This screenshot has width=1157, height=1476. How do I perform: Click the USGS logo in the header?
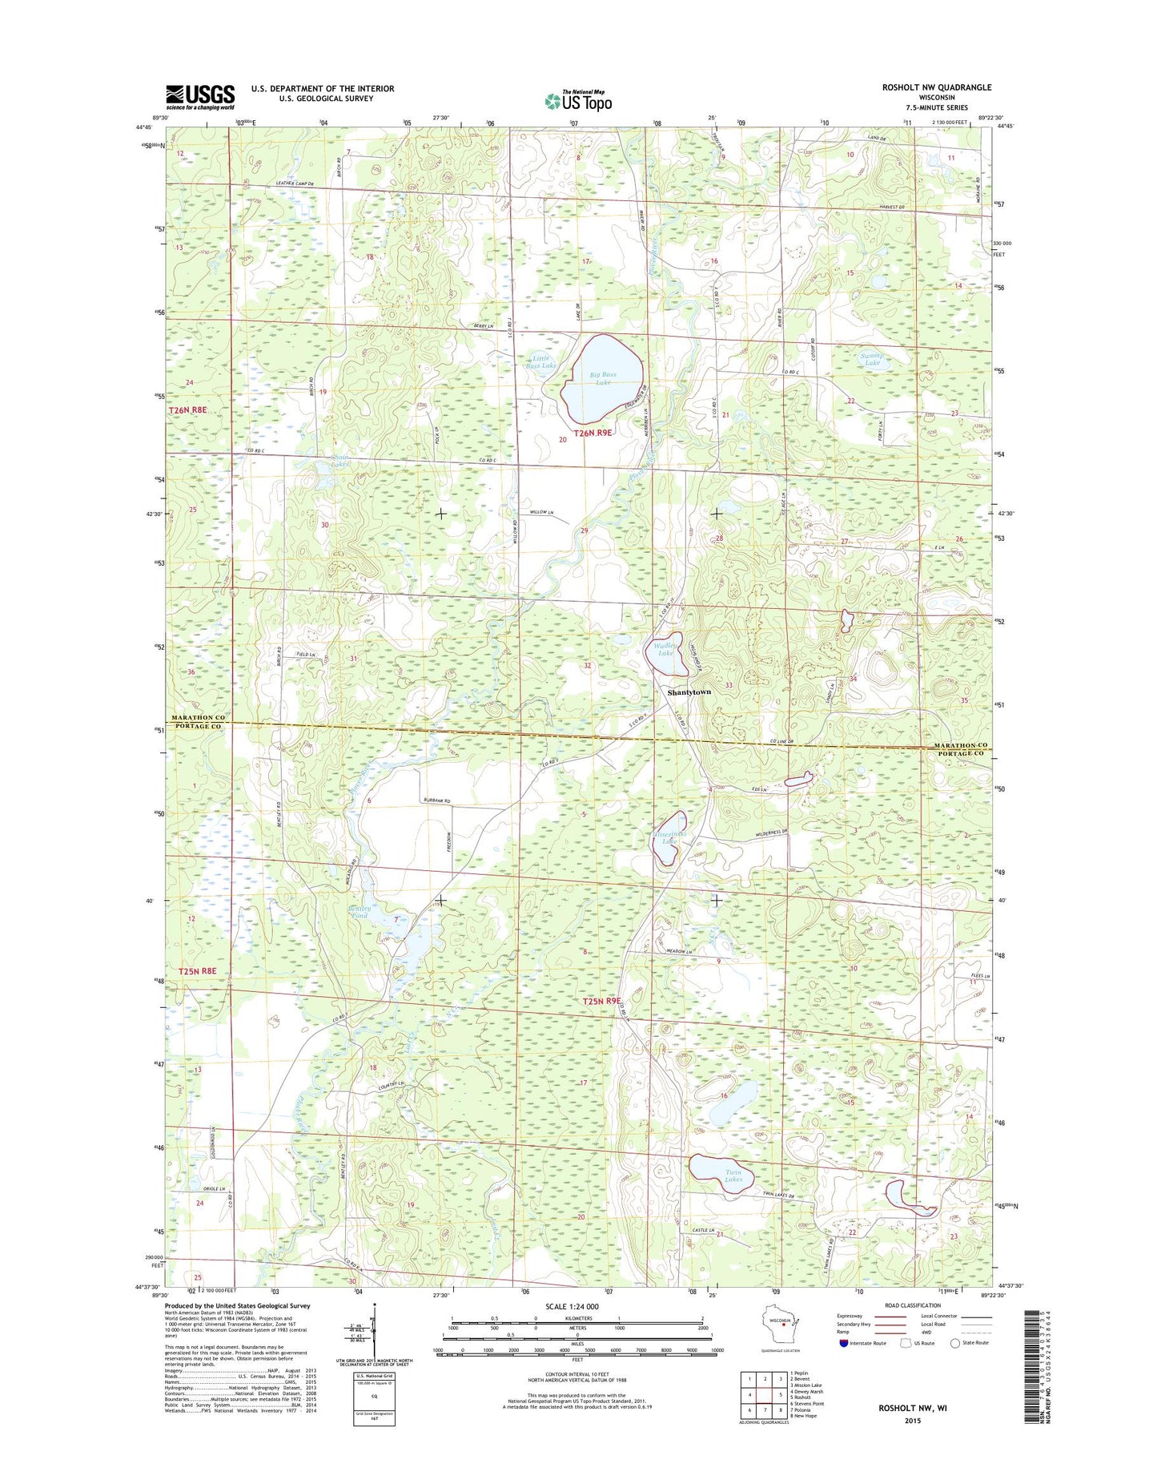[200, 96]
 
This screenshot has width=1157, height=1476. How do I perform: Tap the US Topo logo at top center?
[578, 100]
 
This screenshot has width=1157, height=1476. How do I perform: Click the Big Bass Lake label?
[603, 378]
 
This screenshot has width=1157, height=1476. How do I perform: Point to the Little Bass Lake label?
[541, 362]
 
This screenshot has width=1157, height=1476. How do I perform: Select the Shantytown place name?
[689, 692]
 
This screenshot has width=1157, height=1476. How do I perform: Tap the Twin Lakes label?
[733, 1176]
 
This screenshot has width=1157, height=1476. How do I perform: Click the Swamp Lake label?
[872, 359]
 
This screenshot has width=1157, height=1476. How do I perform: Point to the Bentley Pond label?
[360, 911]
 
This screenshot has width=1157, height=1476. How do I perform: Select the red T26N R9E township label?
[592, 433]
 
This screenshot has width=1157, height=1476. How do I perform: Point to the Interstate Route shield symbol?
[844, 1343]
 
